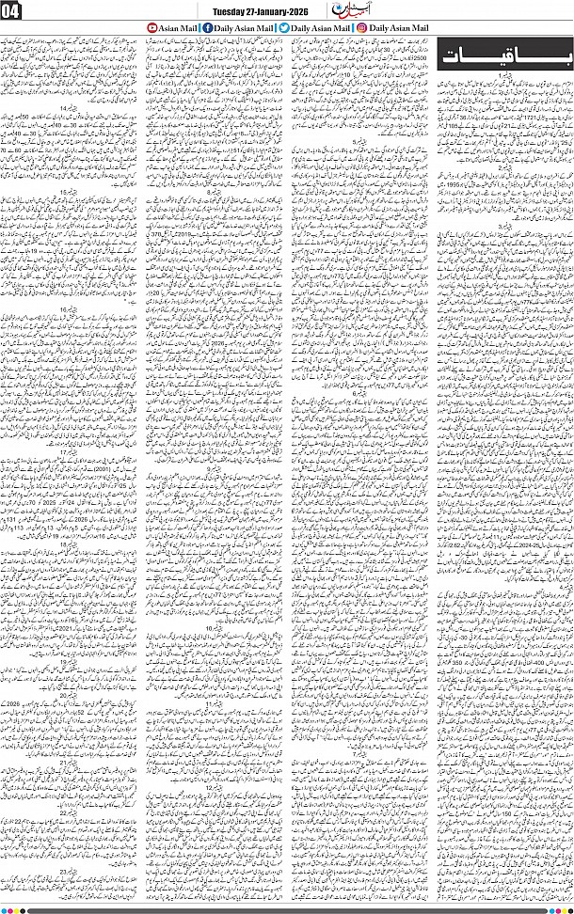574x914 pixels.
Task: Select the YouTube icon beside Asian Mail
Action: (154, 30)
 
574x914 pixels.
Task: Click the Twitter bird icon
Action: (283, 30)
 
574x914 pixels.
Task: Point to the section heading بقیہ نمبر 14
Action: (72, 135)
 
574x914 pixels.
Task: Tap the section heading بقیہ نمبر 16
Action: (72, 307)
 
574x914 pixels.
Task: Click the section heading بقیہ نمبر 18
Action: (72, 544)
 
